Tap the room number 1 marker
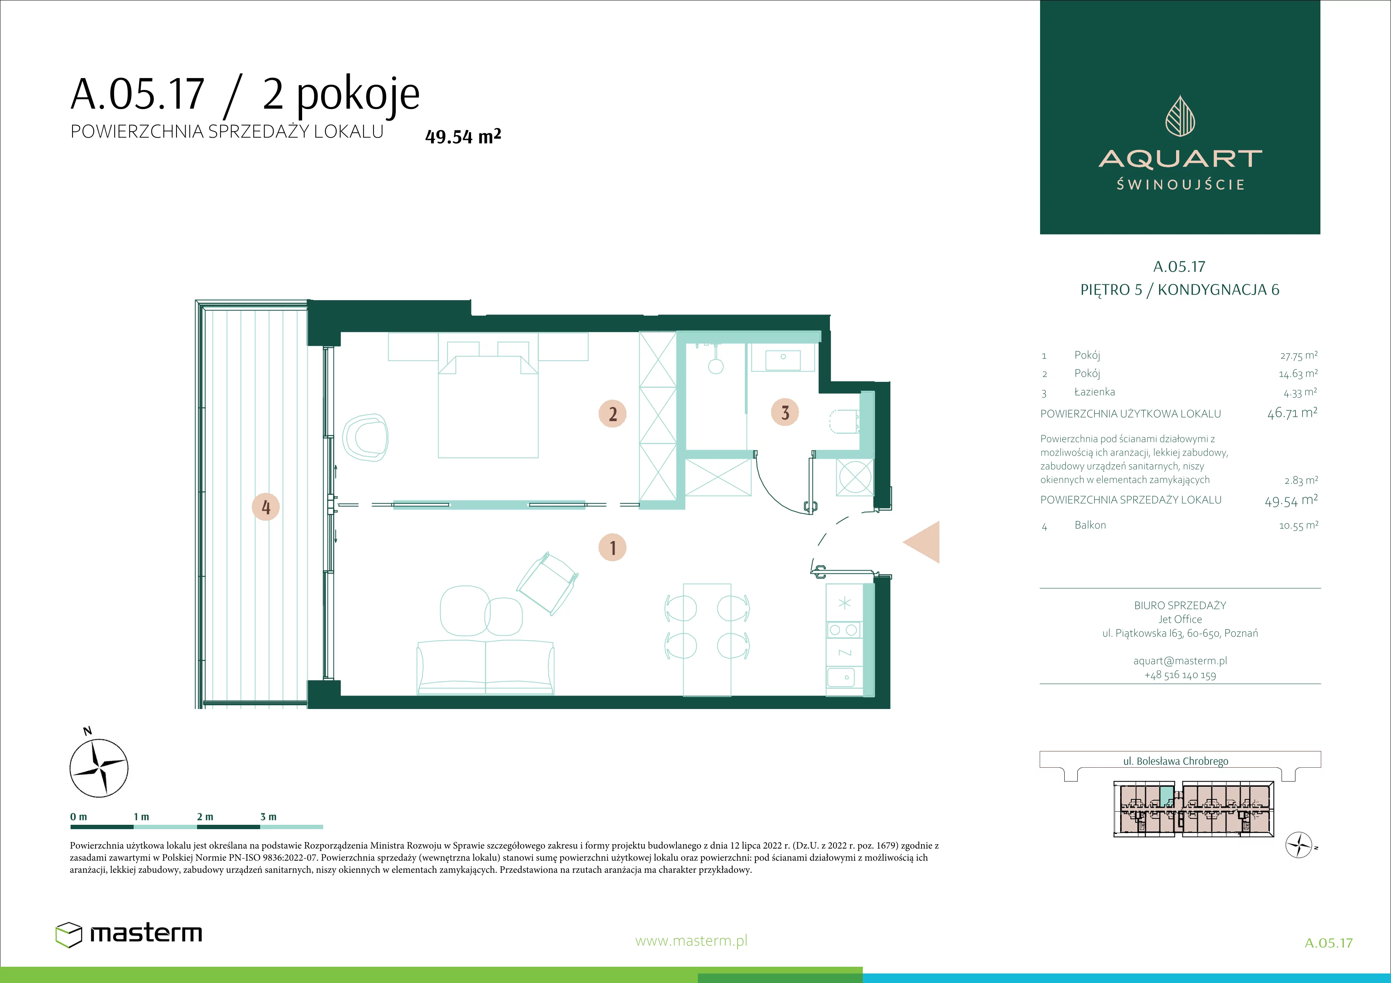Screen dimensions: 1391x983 [613, 548]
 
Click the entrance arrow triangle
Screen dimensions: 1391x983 [922, 542]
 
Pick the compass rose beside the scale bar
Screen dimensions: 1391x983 [99, 767]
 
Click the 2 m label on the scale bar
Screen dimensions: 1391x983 [205, 817]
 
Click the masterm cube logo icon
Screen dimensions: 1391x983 [69, 935]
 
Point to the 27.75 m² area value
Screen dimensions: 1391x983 [1298, 356]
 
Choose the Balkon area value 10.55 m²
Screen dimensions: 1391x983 [1298, 525]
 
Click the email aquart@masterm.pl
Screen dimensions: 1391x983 [1180, 661]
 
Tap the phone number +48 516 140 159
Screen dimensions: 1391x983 [1180, 675]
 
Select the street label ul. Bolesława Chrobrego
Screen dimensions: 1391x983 [1176, 761]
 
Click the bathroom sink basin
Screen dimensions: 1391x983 [784, 360]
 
